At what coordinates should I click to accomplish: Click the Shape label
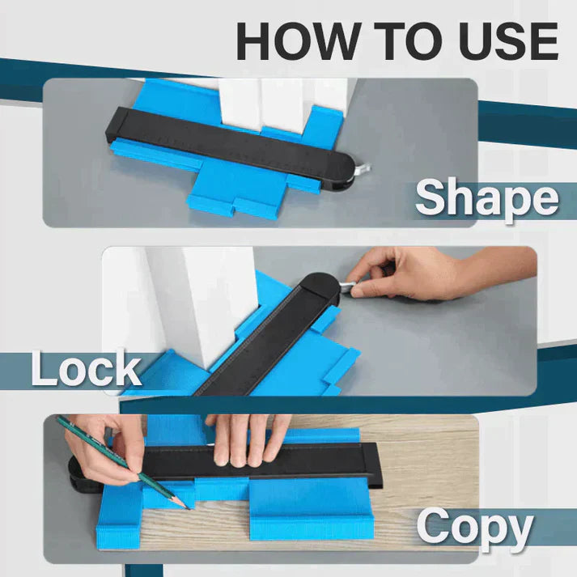pos(486,198)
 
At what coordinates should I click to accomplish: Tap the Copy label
pos(475,528)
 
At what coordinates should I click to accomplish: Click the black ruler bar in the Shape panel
pos(235,142)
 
